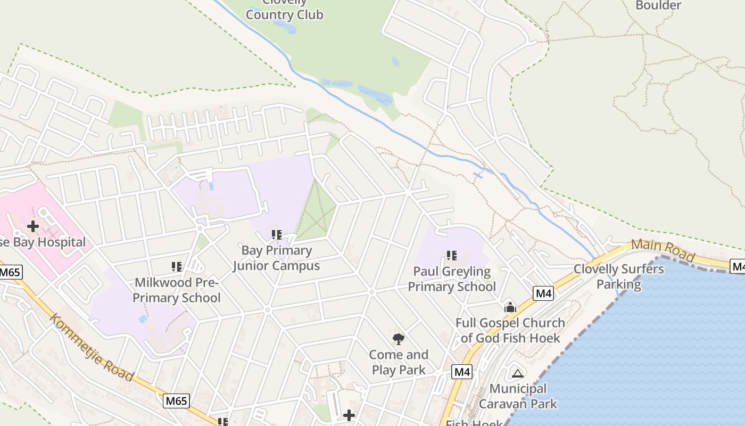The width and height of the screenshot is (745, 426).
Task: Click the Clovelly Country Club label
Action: coord(284,11)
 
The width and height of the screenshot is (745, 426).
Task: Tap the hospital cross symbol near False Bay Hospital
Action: coord(33,226)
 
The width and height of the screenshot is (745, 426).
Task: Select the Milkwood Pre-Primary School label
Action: coord(177,290)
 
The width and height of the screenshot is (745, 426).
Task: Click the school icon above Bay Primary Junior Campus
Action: coord(276,234)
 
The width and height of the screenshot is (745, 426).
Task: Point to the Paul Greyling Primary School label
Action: coord(452,279)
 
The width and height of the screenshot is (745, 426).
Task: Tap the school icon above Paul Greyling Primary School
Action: coord(452,256)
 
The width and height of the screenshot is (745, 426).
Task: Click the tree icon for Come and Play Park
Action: coord(398,339)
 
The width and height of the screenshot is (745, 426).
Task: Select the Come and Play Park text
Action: coord(399,362)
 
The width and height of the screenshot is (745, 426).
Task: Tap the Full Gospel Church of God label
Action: coord(510,330)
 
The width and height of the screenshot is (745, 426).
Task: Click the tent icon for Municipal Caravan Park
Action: coord(517,373)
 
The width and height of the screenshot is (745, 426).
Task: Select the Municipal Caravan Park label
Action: coord(518,396)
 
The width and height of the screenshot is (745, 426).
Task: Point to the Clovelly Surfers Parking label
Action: coord(619,276)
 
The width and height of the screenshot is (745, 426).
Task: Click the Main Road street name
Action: coord(663,250)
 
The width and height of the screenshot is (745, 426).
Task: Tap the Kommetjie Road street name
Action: coord(92,347)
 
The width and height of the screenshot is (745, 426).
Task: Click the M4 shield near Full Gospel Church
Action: coord(543,293)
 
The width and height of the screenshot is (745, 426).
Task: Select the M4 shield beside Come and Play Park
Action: coord(462,372)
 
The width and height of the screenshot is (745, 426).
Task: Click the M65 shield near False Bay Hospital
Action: coord(9,273)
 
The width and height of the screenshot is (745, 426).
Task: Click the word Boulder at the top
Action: coord(658,5)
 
